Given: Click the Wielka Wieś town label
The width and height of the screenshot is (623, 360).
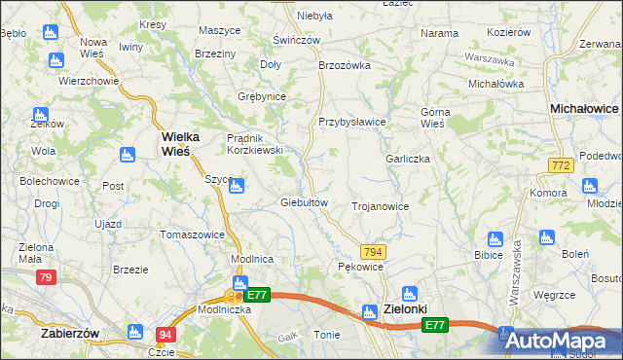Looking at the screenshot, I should pos(174,144).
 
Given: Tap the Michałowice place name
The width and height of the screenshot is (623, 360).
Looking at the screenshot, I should pos(584,110).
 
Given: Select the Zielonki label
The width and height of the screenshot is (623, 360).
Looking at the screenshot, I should pos(406,308).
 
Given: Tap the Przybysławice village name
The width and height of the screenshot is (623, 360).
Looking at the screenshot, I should pos(352,122).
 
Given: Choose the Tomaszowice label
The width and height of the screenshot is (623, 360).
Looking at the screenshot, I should pos(193,234).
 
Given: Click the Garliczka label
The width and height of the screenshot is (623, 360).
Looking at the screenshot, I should pos(407,159).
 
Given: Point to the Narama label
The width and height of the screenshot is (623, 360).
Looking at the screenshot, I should pos(439,33).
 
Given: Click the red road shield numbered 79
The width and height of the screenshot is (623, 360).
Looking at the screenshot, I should pos(46,278).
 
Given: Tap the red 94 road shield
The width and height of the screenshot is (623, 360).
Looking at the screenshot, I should pos(165,335).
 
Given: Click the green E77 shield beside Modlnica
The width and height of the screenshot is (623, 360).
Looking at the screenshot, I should pos(257,295).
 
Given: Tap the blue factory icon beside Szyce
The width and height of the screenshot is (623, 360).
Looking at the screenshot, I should pos(237,186).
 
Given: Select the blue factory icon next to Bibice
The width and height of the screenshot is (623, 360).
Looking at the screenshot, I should pos(495,239).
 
